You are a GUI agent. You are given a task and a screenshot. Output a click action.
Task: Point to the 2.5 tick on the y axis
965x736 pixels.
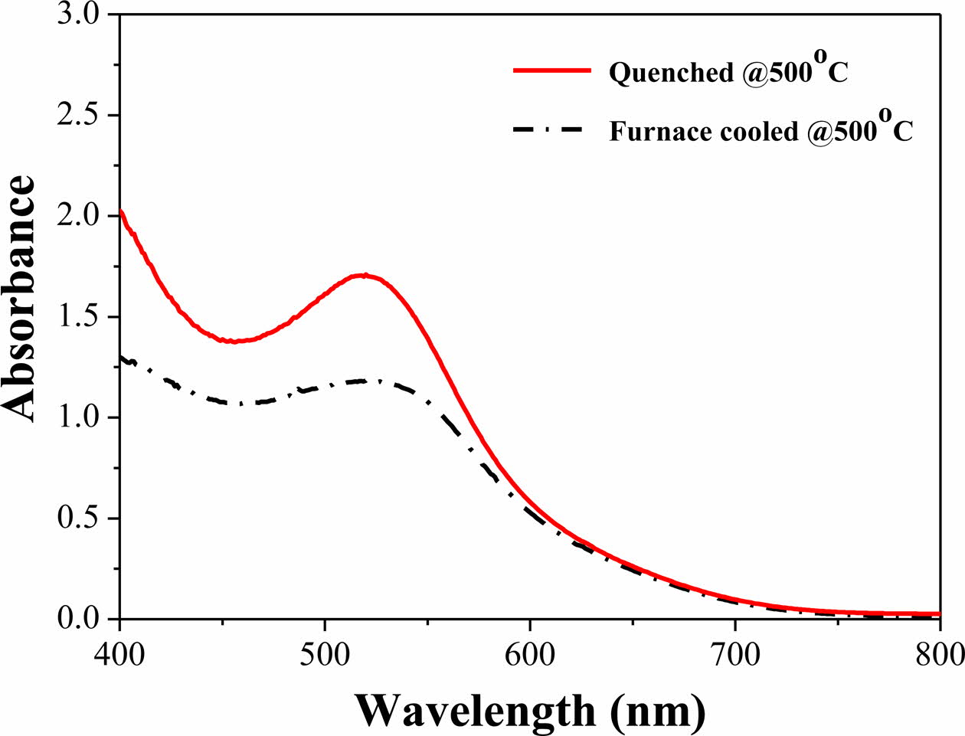[78, 115]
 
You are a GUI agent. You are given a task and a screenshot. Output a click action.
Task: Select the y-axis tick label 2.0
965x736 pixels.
[78, 216]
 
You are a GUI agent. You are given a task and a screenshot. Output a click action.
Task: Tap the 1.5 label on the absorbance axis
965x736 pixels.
[78, 317]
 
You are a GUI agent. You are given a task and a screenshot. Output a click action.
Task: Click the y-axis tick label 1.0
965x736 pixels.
[78, 417]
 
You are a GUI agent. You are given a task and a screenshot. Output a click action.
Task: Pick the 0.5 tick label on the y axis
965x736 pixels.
[78, 518]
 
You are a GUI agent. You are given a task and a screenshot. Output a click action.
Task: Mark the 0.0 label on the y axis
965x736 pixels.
[78, 619]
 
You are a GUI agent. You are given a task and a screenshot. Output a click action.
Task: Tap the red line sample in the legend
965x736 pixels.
[552, 70]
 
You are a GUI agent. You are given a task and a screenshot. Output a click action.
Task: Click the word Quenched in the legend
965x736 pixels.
[660, 73]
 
